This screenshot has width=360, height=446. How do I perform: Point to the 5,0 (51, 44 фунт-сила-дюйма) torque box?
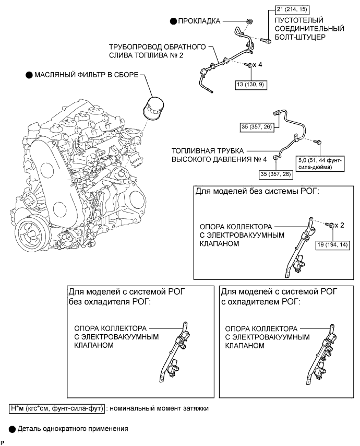320,163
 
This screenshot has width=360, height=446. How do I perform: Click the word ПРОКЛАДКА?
199,21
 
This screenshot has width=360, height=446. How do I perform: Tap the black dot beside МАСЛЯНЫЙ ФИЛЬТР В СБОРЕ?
29,75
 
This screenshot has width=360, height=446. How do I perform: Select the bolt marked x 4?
250,65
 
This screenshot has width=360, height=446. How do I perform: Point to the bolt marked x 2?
330,225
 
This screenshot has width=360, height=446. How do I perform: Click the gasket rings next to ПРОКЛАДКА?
249,21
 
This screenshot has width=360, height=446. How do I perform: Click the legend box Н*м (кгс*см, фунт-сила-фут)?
57,408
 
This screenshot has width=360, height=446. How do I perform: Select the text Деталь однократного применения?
73,429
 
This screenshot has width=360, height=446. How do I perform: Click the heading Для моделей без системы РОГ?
257,192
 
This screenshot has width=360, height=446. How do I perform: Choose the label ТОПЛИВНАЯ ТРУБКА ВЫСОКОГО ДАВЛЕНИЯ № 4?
219,155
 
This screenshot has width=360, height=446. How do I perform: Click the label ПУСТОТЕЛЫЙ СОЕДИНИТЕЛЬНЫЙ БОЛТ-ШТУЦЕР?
309,28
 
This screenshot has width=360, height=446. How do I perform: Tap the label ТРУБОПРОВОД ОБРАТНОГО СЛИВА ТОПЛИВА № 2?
158,51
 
